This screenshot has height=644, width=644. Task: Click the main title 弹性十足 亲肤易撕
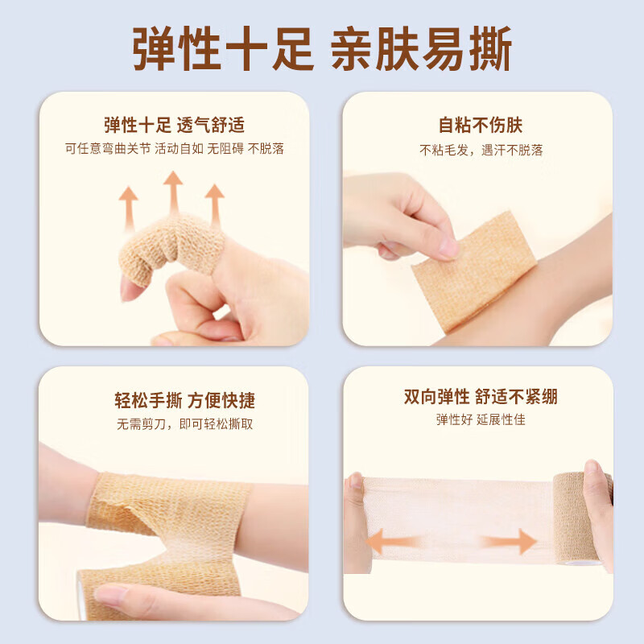coord(322,50)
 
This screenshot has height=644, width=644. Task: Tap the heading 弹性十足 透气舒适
coord(174,126)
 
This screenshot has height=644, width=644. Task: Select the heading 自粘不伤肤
coord(480,126)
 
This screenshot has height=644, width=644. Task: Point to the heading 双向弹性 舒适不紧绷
coord(480,397)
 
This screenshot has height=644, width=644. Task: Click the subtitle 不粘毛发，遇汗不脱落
coord(481,150)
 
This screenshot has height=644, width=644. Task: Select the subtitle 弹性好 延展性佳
coord(480,419)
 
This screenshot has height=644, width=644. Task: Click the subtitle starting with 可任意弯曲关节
coord(174,149)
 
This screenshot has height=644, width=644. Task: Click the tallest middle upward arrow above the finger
coord(172,191)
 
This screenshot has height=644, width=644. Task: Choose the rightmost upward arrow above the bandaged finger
coord(214,205)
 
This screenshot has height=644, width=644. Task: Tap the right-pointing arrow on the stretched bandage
coord(515,541)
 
